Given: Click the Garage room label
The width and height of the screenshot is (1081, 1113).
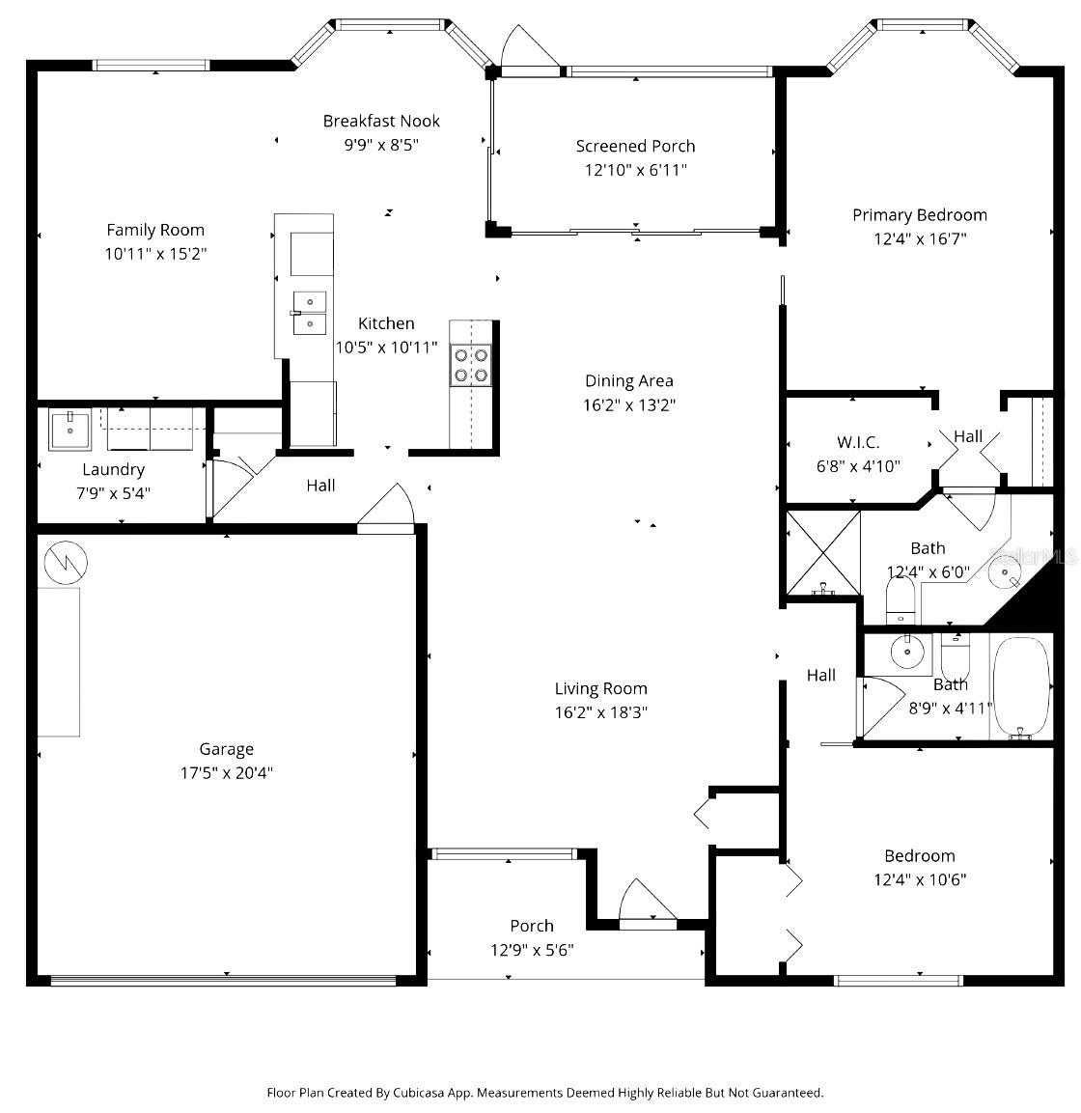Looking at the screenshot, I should (227, 749).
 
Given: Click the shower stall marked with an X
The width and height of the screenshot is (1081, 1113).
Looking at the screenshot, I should (823, 553).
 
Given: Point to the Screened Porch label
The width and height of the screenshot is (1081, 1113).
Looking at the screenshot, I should (635, 147).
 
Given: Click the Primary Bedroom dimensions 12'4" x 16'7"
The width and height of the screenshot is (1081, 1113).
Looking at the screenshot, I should (919, 239).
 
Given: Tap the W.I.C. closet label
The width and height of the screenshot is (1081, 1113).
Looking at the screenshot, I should (858, 442).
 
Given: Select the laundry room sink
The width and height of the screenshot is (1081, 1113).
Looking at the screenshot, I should (69, 430).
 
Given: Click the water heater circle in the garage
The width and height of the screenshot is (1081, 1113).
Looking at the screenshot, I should (65, 561).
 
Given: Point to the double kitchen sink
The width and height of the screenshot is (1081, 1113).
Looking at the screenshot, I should (310, 313).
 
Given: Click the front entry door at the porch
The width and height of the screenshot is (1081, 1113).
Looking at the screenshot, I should (646, 907).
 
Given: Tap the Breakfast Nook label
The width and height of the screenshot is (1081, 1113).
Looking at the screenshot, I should (381, 121).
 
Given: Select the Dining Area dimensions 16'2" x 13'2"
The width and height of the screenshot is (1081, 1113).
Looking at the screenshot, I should (628, 405).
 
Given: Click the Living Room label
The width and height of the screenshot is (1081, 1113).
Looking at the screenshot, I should (600, 688).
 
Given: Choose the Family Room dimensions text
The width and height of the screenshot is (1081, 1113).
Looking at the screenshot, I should (156, 254).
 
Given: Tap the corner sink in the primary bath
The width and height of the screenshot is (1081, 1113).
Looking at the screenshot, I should (1008, 574).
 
